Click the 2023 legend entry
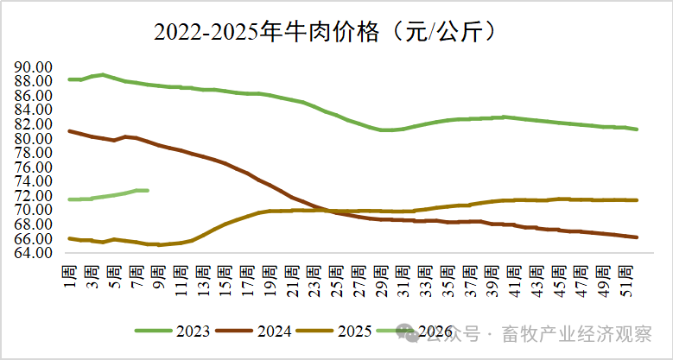tap(178, 330)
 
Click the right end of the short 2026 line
tap(148, 190)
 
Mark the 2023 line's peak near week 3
tap(103, 75)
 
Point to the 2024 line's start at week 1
tap(69, 131)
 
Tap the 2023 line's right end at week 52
tap(637, 129)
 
